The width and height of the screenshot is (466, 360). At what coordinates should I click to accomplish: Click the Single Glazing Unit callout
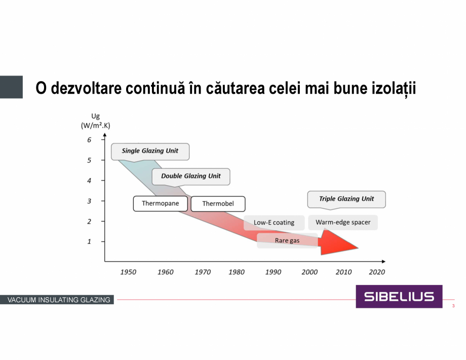click(150, 151)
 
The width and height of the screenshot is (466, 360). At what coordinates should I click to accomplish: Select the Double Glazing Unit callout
click(191, 176)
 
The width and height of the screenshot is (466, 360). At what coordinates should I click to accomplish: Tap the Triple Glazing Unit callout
click(346, 199)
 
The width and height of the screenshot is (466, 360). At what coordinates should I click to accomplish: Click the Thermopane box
click(160, 203)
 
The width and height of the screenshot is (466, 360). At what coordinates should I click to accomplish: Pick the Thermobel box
click(218, 204)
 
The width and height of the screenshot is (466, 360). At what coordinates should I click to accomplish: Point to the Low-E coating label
click(274, 223)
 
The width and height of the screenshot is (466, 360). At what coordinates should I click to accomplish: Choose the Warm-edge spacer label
click(343, 222)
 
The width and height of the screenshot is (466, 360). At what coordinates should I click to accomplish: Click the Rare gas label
click(287, 240)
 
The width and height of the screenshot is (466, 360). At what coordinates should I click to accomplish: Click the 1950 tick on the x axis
click(128, 272)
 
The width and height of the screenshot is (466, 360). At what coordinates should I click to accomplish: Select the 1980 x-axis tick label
click(236, 272)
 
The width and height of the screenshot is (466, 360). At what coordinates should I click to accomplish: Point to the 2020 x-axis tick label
click(377, 272)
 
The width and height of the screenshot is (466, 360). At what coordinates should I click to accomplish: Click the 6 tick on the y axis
click(89, 140)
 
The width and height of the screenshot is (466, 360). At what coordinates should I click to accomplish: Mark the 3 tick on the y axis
click(89, 201)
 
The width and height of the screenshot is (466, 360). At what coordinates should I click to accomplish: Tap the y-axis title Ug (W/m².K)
click(95, 121)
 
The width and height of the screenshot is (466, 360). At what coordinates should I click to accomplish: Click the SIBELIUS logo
click(399, 297)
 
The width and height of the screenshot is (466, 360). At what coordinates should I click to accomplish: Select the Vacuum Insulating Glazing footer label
click(59, 300)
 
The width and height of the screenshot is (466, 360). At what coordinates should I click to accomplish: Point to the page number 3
click(453, 306)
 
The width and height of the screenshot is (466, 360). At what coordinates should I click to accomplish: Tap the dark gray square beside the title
click(11, 87)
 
